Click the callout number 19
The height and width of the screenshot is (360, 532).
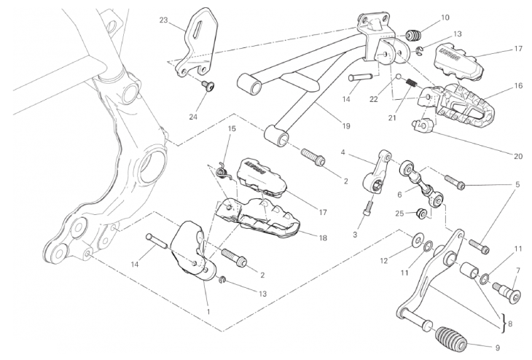[345, 126]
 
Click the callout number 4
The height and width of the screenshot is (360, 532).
[342, 153]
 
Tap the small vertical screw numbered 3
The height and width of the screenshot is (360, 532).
[368, 207]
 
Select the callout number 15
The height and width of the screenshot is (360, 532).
[232, 129]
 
